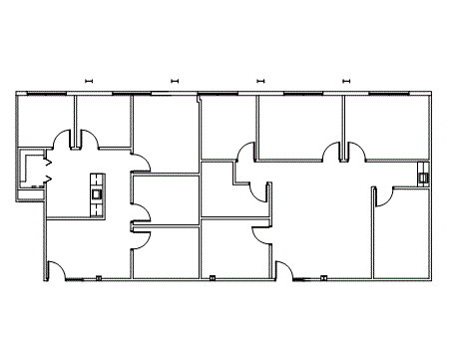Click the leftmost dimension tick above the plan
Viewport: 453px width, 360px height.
pyautogui.click(x=89, y=81)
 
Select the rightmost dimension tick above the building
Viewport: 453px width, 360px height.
pyautogui.click(x=345, y=81)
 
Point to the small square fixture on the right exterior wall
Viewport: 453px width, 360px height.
pyautogui.click(x=423, y=178)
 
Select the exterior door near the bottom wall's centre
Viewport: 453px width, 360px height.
pyautogui.click(x=284, y=269)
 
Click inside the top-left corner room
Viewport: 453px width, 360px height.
pyautogui.click(x=45, y=120)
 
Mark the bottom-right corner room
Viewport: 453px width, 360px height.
pyautogui.click(x=404, y=234)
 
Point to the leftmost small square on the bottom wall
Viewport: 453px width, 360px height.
pyautogui.click(x=100, y=278)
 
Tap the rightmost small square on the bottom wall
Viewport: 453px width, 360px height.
pyautogui.click(x=324, y=278)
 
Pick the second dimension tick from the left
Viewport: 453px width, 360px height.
pyautogui.click(x=175, y=81)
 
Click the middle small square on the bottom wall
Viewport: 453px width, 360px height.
pyautogui.click(x=213, y=278)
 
